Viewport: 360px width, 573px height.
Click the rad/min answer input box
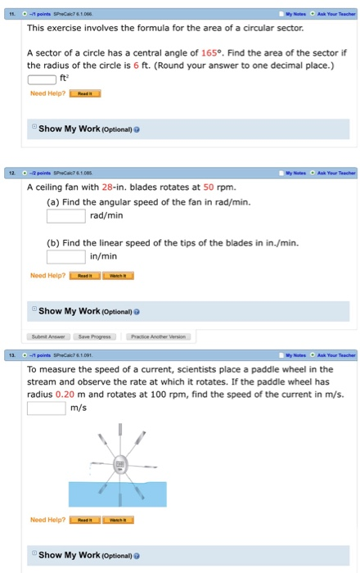65,216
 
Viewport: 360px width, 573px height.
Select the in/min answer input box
65,257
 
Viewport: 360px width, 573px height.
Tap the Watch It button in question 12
118,276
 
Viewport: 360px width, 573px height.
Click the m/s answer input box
46,408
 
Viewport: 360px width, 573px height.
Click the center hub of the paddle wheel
119,464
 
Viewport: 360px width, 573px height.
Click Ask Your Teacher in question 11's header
334,12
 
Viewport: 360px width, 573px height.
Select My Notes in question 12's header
292,173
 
